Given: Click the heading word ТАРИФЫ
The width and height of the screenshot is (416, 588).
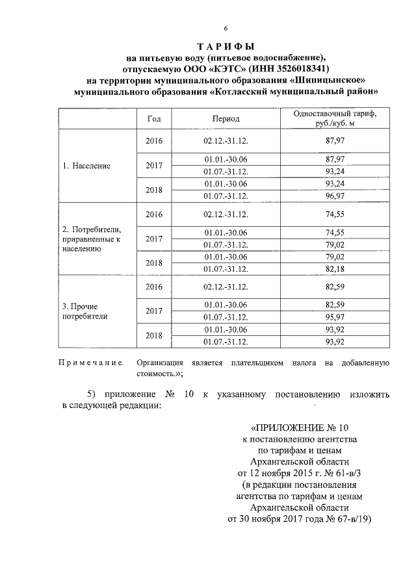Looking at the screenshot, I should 225,46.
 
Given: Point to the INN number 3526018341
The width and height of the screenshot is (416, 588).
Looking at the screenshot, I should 295,68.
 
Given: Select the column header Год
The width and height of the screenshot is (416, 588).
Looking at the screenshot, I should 154,119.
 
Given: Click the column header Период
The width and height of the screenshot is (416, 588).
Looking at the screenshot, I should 226,119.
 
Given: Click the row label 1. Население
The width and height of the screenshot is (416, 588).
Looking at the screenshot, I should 86,166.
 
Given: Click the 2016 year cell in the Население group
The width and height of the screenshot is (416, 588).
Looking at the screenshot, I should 154,141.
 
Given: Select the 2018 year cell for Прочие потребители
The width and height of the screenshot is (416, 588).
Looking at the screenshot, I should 154,335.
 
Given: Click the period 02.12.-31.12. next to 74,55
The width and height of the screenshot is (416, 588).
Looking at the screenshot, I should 226,214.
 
